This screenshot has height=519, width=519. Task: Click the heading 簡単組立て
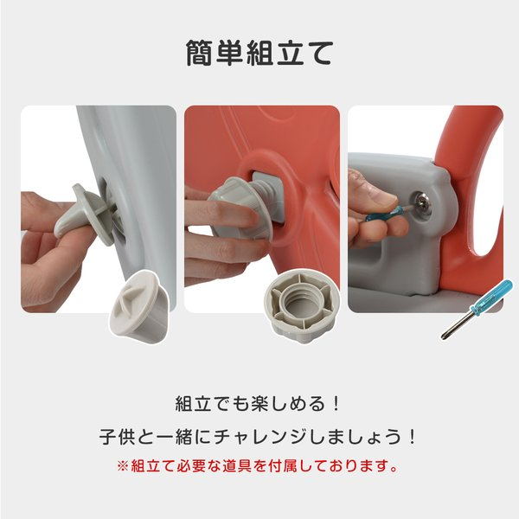[x=259, y=54]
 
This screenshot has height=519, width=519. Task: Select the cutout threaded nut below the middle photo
[x=302, y=305]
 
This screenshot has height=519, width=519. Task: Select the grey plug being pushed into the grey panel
[x=86, y=214]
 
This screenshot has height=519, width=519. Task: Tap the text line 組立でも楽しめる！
[x=258, y=403]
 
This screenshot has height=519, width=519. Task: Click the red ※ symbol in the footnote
[x=122, y=466]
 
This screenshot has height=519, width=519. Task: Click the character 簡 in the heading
[x=199, y=54]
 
